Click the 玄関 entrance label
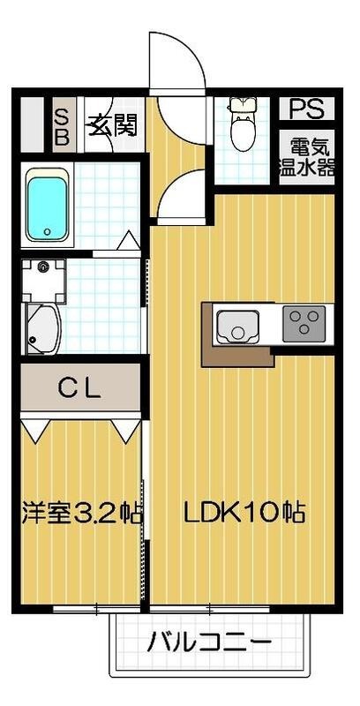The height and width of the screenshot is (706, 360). click(111, 124)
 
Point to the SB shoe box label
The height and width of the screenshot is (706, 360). click(63, 126)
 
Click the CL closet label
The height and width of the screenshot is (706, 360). click(80, 387)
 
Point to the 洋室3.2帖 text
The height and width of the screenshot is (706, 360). click(80, 513)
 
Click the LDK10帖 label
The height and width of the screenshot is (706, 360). click(244, 512)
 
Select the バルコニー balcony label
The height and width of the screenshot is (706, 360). click(209, 642)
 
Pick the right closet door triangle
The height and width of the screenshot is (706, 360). click(125, 429)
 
